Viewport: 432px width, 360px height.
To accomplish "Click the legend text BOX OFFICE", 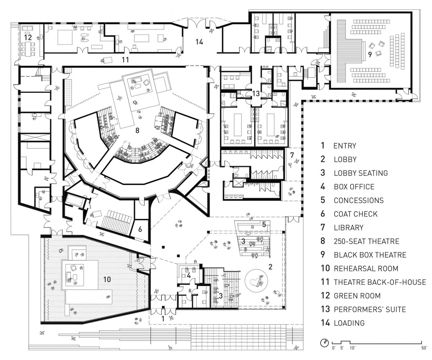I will pyautogui.click(x=354, y=187).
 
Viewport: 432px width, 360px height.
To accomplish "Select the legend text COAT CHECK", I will pyautogui.click(x=355, y=214).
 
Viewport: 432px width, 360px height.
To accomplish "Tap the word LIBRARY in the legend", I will pyautogui.click(x=348, y=227).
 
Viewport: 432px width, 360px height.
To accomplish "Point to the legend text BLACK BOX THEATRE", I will pyautogui.click(x=370, y=255).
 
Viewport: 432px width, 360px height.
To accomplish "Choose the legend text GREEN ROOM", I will pyautogui.click(x=357, y=296).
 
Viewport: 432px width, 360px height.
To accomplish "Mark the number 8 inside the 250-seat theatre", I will pyautogui.click(x=137, y=131).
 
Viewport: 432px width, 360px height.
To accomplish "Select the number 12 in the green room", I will pyautogui.click(x=27, y=37).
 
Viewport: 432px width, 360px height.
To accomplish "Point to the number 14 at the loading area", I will pyautogui.click(x=199, y=41).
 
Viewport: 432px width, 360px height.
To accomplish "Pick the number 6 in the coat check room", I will pyautogui.click(x=140, y=229).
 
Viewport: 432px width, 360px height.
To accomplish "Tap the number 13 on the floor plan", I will pyautogui.click(x=256, y=94).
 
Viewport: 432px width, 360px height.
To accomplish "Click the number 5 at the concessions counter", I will pyautogui.click(x=264, y=224).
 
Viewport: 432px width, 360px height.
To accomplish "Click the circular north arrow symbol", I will pyautogui.click(x=325, y=342).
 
